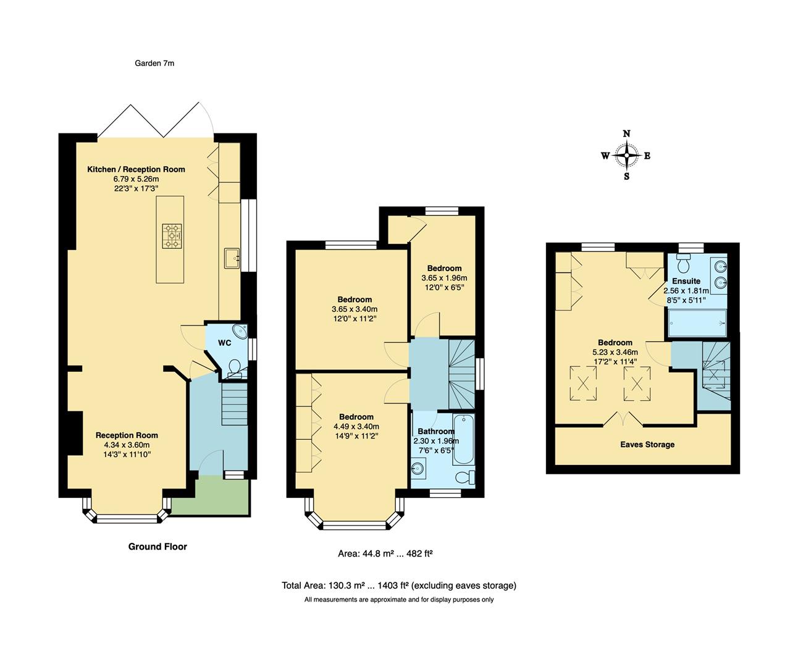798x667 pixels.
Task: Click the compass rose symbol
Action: [x=627, y=156]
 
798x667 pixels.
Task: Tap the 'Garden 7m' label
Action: [x=154, y=63]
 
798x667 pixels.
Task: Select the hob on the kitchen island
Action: [x=173, y=235]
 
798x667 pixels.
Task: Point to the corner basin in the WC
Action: [x=240, y=330]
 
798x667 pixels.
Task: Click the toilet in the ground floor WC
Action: [x=235, y=369]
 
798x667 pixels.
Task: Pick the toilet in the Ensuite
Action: [x=684, y=264]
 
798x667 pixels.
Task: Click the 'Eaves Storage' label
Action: [x=647, y=445]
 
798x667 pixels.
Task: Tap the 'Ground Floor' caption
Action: [x=157, y=547]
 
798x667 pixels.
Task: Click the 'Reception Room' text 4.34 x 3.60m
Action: [x=127, y=445]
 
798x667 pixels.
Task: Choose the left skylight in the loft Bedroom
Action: [x=582, y=383]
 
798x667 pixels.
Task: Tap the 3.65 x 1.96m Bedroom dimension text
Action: [x=444, y=278]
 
